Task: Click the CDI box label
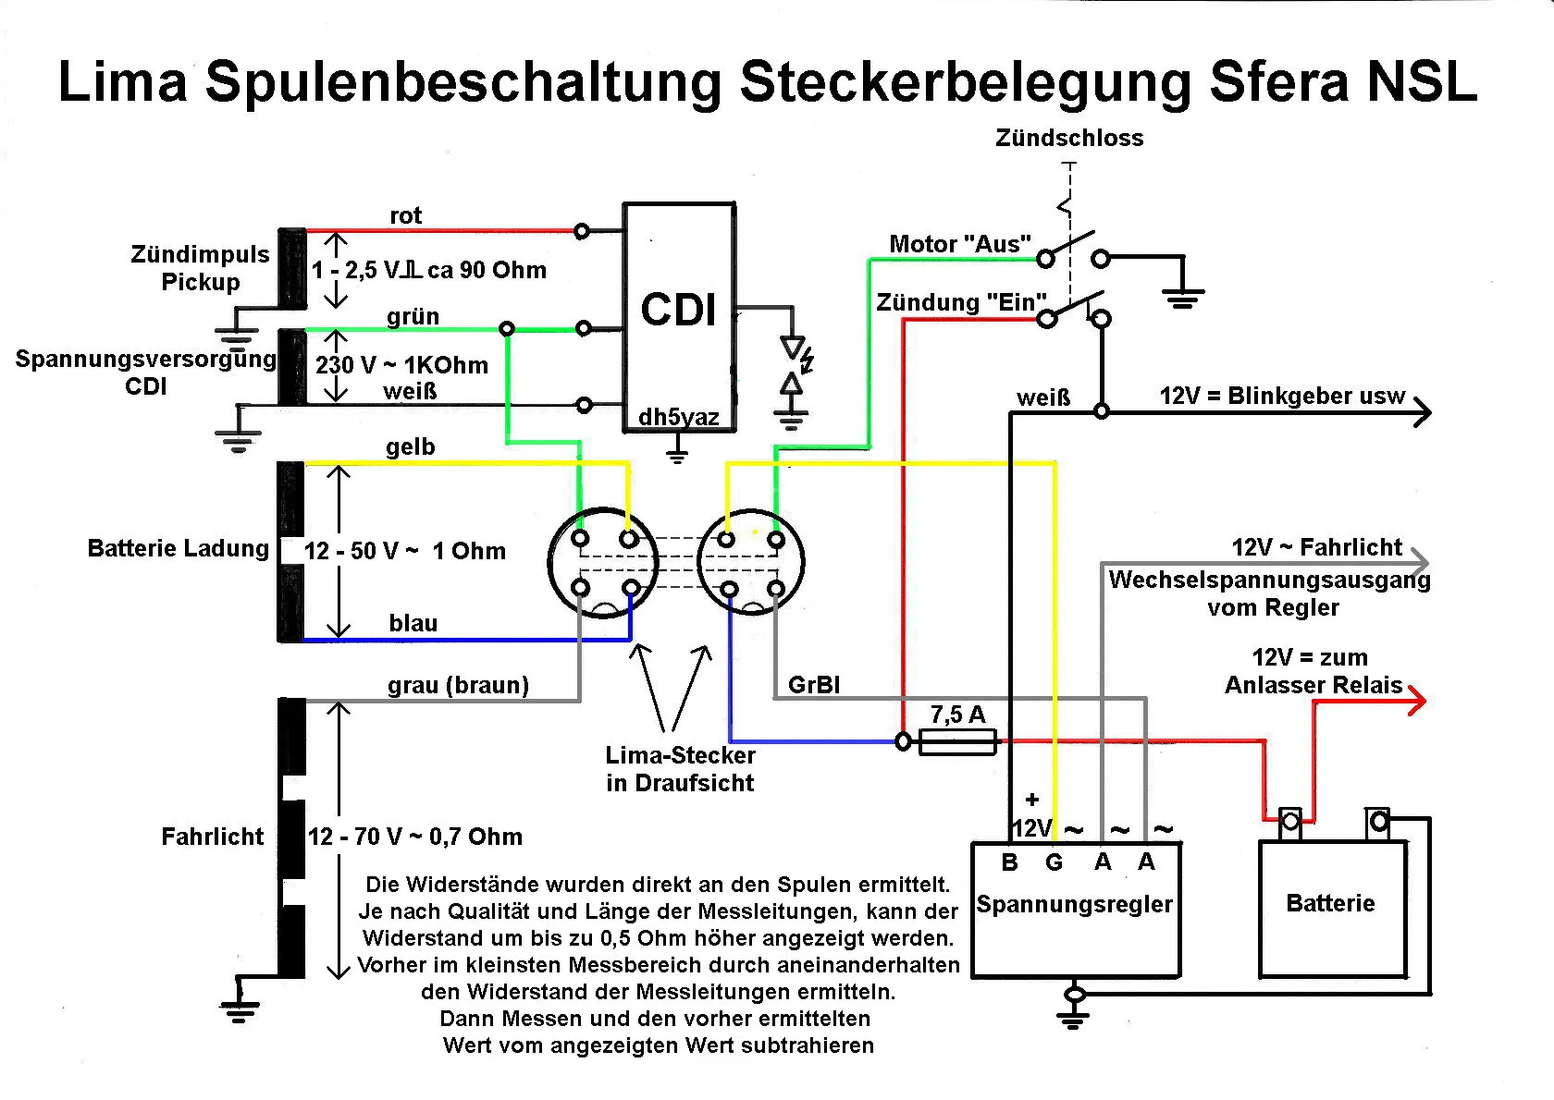point(679,310)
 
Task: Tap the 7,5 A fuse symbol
point(958,741)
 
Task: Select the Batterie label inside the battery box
point(1330,903)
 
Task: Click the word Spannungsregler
point(1074,904)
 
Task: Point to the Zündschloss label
point(1069,138)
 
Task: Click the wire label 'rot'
point(405,215)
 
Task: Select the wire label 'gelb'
point(410,447)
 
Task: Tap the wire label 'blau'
point(413,623)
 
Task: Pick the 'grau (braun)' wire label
point(458,685)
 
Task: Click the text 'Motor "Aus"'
point(959,244)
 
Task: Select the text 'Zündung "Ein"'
point(961,302)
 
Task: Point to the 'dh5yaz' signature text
point(678,418)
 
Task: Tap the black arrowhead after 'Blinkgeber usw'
point(1422,411)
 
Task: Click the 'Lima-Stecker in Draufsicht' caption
point(680,769)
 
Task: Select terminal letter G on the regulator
point(1054,862)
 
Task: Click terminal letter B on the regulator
point(1009,862)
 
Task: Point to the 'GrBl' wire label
point(814,685)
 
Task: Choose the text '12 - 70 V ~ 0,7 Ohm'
point(414,837)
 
